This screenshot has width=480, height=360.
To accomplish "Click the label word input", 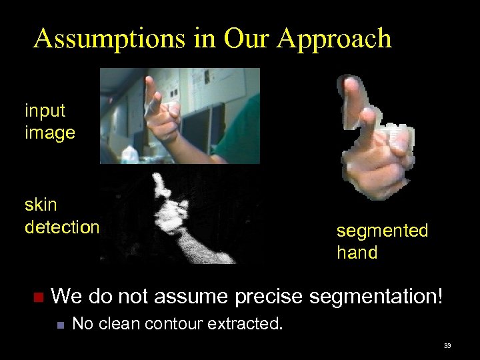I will tap(45, 110).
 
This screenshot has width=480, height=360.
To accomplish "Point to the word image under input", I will tap(50, 133).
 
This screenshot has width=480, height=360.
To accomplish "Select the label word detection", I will tap(62, 227).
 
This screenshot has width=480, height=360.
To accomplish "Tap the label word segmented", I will tap(382, 231).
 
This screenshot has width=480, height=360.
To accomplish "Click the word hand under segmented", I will tap(357, 253).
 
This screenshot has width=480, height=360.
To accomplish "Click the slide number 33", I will tap(447, 345).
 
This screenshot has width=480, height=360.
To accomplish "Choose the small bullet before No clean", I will tap(59, 325).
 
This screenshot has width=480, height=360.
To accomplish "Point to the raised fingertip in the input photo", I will tap(150, 81).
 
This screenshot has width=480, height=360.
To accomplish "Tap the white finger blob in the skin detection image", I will tap(159, 183).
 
